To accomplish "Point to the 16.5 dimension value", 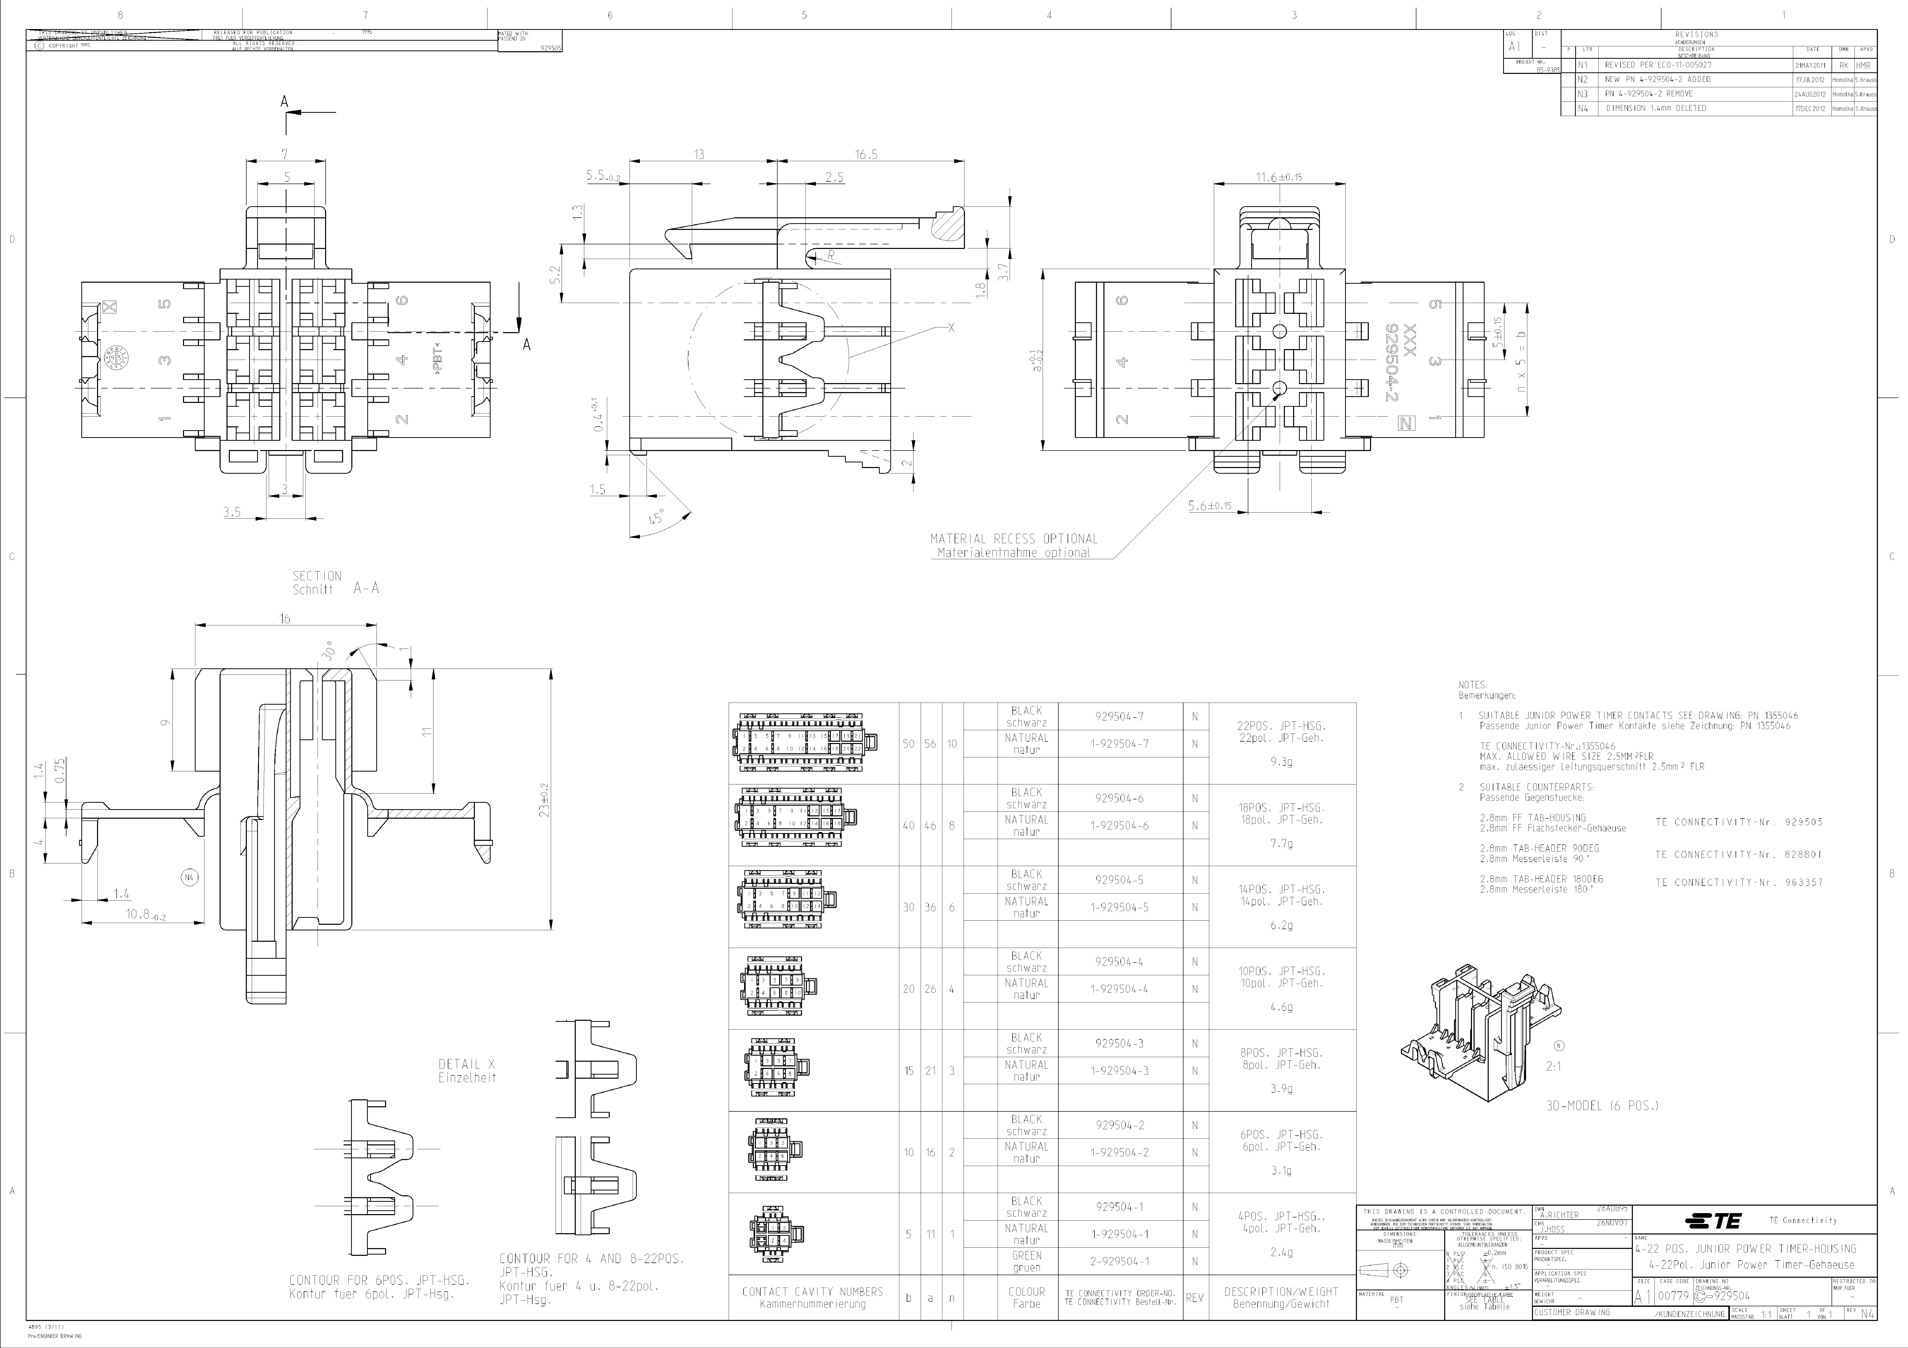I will [866, 154].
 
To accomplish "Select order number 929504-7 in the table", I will [1119, 716].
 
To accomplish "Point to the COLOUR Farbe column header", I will [1026, 1297].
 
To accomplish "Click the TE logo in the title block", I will [1712, 1220].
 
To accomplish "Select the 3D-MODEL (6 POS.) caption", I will [1601, 1106].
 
